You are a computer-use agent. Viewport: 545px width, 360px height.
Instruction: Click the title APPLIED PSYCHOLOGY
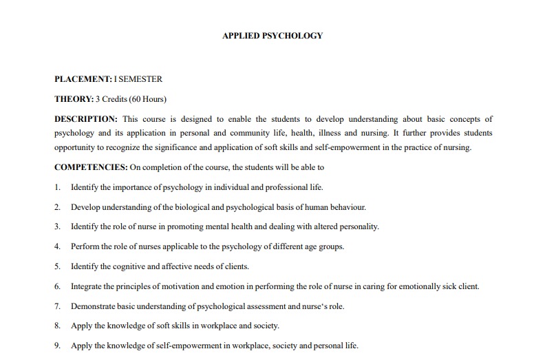coord(272,36)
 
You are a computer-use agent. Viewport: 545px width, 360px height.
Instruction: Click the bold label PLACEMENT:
coord(83,80)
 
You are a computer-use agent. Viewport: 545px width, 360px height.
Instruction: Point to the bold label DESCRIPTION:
coord(86,119)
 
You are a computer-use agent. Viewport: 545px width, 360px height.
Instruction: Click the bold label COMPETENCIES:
coord(91,167)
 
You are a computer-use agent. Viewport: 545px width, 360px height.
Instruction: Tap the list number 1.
coord(56,187)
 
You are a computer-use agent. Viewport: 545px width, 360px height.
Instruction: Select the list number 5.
coord(56,266)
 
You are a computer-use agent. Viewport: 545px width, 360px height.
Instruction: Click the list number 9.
coord(56,346)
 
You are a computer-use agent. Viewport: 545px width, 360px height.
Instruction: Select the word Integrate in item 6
coord(87,286)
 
